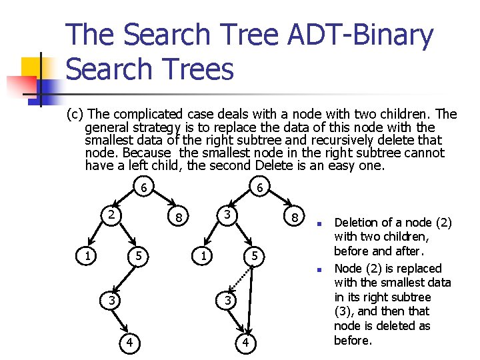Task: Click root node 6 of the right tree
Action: [x=261, y=189]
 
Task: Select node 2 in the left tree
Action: [x=113, y=215]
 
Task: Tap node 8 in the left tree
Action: [x=178, y=217]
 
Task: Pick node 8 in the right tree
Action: [x=294, y=217]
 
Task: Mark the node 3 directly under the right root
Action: [x=228, y=215]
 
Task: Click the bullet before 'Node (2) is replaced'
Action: [x=319, y=269]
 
